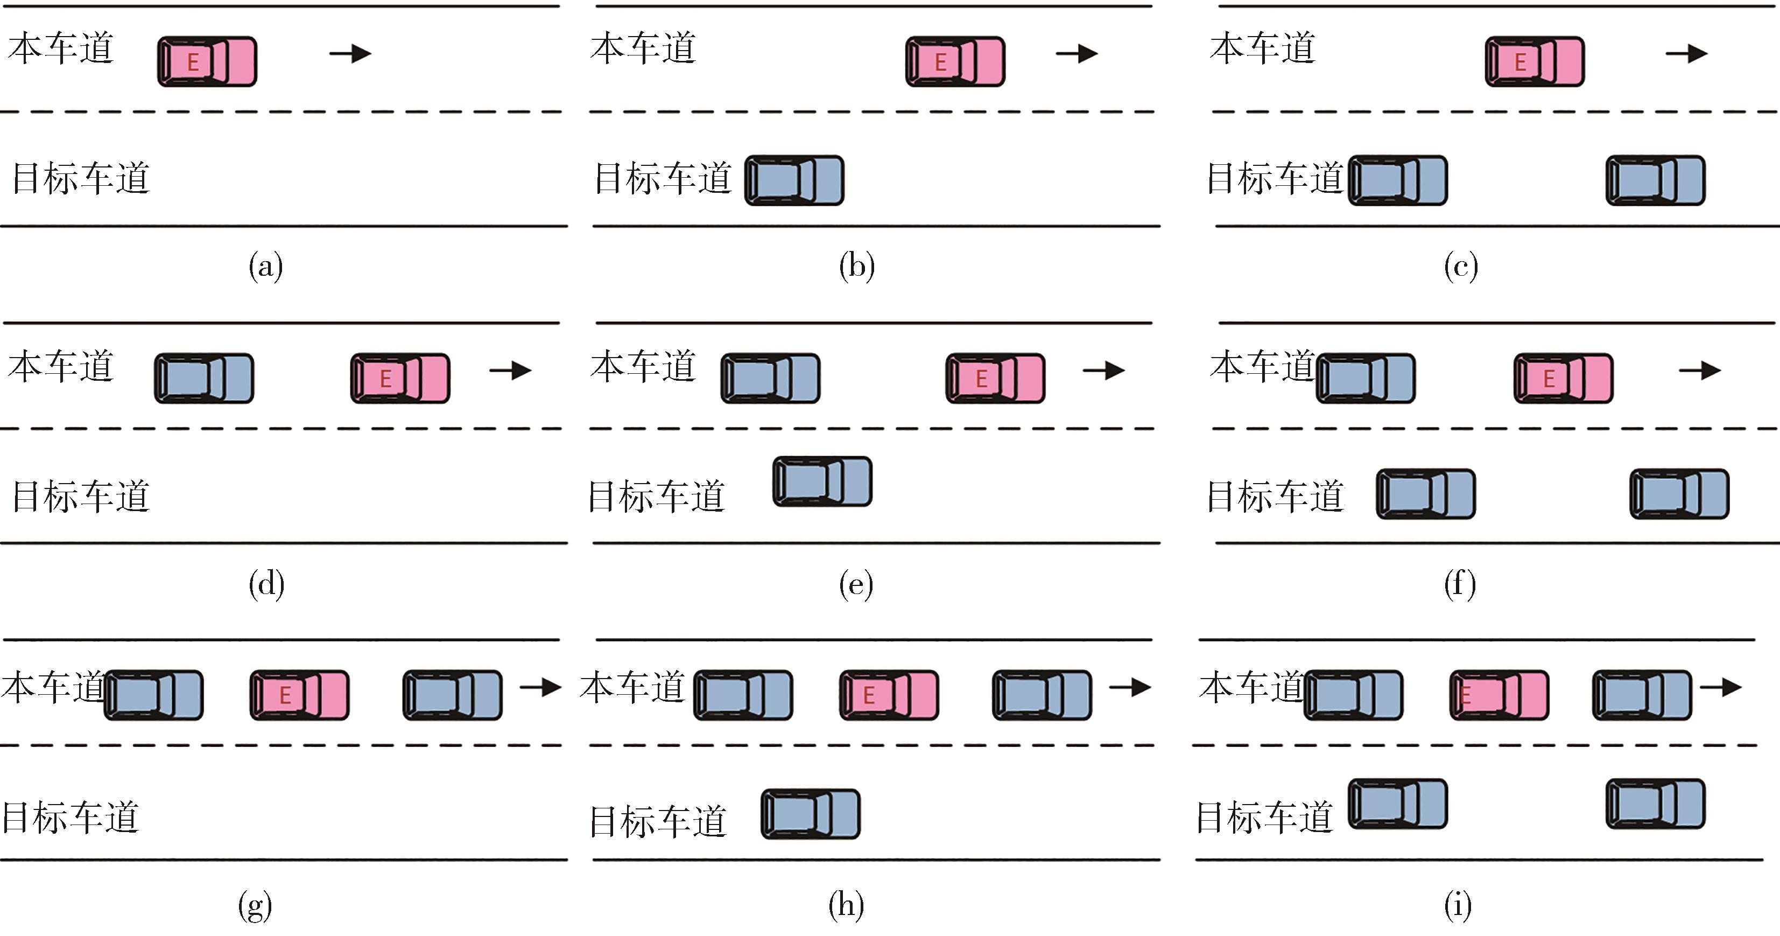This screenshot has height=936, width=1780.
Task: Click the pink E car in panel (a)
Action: [x=207, y=61]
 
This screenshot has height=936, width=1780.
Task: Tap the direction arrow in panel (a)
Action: [x=350, y=53]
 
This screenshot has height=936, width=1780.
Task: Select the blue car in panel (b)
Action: [x=794, y=180]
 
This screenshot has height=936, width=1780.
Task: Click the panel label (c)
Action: [x=1460, y=266]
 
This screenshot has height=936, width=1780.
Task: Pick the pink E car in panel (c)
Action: [x=1535, y=61]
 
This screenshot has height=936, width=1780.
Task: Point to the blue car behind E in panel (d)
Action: [x=204, y=378]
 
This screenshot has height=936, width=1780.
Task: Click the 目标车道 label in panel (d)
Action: [x=81, y=497]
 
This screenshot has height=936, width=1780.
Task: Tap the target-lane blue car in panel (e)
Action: [x=822, y=481]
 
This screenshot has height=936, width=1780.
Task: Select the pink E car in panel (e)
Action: [x=995, y=378]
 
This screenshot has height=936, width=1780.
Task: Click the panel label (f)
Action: [x=1459, y=584]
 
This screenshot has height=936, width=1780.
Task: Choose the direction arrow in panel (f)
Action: [x=1700, y=371]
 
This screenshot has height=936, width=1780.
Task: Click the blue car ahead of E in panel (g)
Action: [x=453, y=695]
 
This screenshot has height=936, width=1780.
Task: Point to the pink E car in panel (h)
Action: [x=889, y=695]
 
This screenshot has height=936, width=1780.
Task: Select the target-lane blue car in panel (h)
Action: [x=811, y=814]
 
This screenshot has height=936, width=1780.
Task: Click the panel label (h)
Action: [x=847, y=905]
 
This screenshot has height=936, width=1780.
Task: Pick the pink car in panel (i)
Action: [x=1499, y=695]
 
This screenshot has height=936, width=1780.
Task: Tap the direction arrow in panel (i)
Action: [x=1721, y=687]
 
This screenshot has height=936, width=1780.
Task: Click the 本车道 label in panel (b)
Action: [x=643, y=48]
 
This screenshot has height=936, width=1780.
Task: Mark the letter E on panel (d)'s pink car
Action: [x=385, y=379]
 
